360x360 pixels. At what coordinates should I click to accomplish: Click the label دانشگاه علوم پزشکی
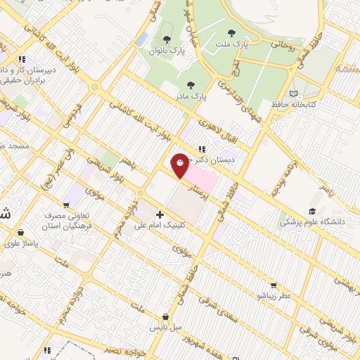pos(310,221)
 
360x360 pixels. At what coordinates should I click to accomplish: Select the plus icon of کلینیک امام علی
pos(160,214)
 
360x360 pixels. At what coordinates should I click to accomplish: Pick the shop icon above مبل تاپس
pos(165,317)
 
